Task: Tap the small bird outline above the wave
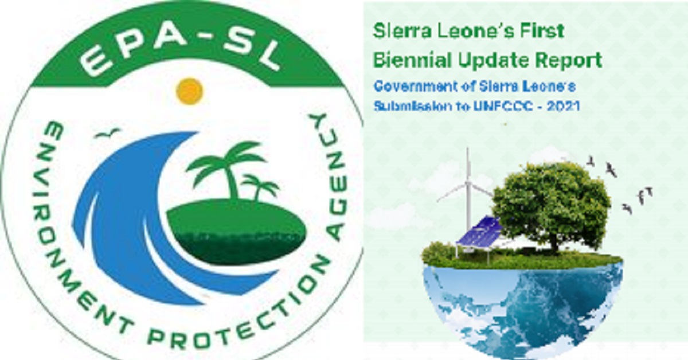tap(107, 134)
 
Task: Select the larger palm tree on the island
tap(227, 166)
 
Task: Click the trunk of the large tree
tap(554, 241)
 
